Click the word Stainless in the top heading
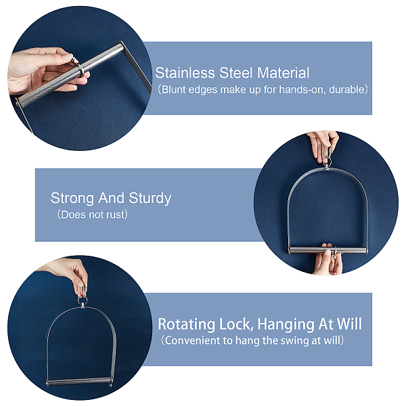tap(185, 73)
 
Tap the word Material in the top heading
tap(283, 73)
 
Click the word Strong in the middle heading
tap(72, 198)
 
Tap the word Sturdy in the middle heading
tap(150, 199)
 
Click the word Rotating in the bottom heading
tap(187, 324)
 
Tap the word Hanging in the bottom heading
tap(286, 324)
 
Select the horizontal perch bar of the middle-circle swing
tap(328, 250)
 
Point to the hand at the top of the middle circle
tap(322, 145)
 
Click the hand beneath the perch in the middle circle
tap(328, 260)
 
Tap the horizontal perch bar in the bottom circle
tap(79, 382)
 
